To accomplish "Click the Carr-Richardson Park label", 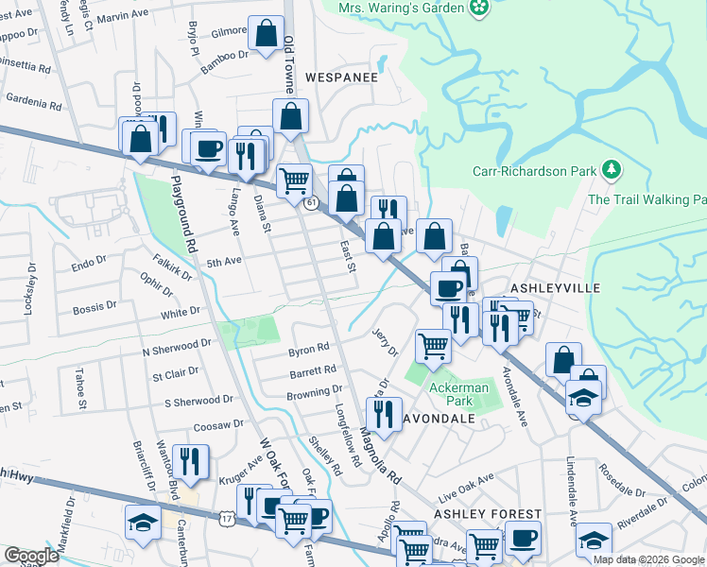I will (535, 171).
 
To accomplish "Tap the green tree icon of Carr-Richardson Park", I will (612, 170).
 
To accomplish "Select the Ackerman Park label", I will (459, 395).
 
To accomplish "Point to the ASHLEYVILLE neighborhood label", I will (551, 286).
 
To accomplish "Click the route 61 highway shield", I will (310, 202).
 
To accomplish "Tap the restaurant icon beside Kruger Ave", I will (194, 460).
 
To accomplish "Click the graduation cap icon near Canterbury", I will (143, 523).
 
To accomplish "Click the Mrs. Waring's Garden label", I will (402, 9).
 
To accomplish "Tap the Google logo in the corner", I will (31, 556).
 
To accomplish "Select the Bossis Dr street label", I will (95, 307).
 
